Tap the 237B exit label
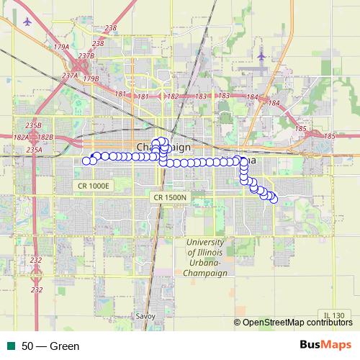point(86,55)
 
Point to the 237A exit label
point(70,75)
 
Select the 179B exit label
point(91,78)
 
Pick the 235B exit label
point(33,124)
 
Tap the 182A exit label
point(21,137)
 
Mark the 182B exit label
point(45,137)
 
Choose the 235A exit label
point(33,149)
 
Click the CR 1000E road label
point(94,186)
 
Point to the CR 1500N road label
point(170,197)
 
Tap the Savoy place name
point(145,316)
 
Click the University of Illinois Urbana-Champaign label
point(205,258)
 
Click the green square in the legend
point(11,346)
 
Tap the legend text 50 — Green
point(50,346)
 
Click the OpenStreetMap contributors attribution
point(297,323)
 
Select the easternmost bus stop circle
point(274,199)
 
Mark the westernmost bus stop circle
point(86,160)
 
